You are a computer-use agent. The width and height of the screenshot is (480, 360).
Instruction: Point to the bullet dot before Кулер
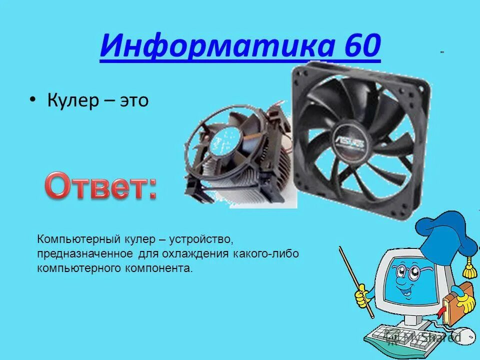(32, 100)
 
